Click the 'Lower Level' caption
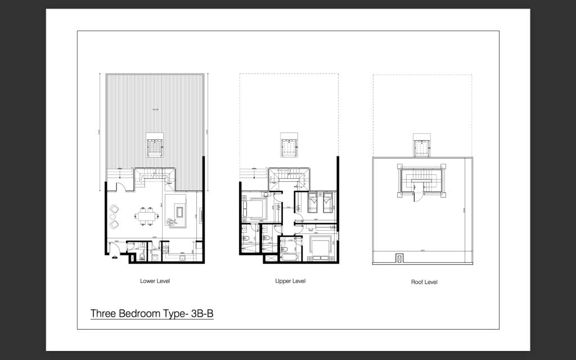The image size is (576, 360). coord(155,281)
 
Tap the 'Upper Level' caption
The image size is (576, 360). coord(290,281)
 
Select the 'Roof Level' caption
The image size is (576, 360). coord(424,282)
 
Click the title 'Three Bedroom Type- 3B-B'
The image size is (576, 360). coord(152,314)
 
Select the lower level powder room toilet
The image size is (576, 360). coord(142,257)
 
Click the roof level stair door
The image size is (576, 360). coord(417,195)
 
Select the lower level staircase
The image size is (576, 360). coord(153,177)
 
